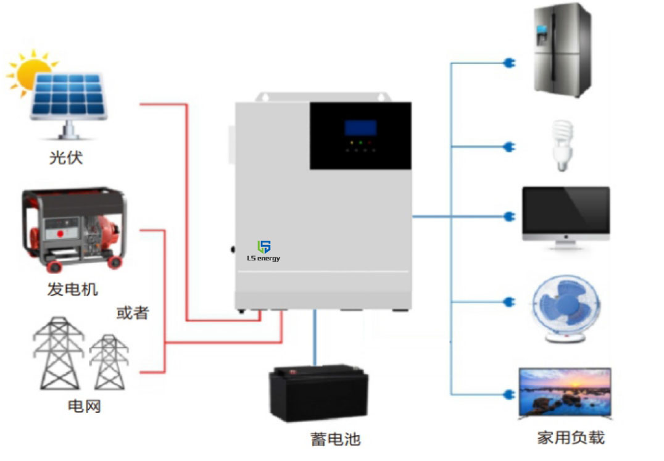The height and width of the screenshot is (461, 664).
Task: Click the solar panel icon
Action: (x=68, y=96)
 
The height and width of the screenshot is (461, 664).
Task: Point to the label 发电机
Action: (x=72, y=289)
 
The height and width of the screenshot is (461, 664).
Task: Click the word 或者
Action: (x=132, y=313)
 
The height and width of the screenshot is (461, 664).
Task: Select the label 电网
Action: (x=84, y=406)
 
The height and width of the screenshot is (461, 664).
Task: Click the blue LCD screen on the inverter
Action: (x=360, y=128)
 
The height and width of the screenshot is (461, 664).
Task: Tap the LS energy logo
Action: (x=264, y=251)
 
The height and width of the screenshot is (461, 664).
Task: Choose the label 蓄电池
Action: (x=335, y=439)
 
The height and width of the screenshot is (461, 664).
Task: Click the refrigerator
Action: (x=562, y=50)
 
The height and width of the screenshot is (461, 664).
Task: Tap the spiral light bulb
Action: (x=562, y=145)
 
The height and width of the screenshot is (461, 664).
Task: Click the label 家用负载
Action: (x=570, y=438)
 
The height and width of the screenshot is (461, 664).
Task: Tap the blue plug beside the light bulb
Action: (x=510, y=147)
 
